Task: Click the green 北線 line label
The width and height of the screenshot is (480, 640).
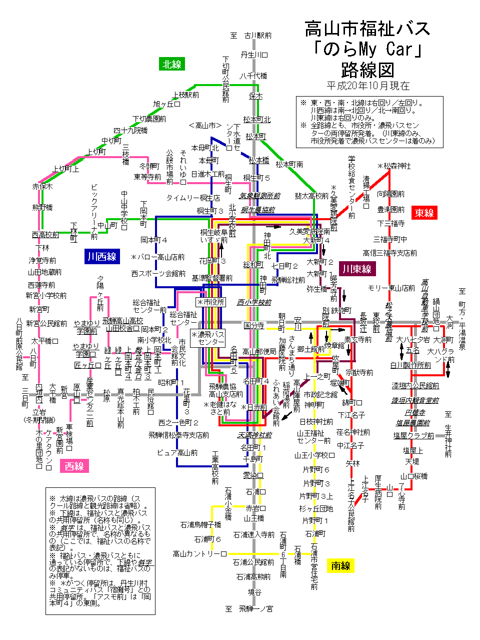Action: point(172,64)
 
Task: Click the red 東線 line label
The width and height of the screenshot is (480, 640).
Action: point(424,213)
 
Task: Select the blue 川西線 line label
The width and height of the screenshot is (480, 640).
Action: point(101,257)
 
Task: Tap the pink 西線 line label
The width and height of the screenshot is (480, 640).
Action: point(74,466)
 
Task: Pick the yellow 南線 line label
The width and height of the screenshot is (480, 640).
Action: point(340,566)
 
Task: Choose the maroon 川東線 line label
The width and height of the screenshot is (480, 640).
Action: point(357,269)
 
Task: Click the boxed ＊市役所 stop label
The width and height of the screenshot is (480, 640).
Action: point(211,302)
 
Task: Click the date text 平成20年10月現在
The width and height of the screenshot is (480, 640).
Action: point(368,86)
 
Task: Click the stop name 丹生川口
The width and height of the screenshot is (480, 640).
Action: point(254,55)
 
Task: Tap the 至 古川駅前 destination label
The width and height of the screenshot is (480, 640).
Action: point(251,36)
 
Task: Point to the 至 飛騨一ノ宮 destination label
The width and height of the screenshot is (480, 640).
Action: point(249,609)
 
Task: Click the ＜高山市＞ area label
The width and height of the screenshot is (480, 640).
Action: point(205,126)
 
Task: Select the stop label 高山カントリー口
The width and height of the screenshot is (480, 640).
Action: point(199,554)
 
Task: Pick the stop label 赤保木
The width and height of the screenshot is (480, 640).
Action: point(42,186)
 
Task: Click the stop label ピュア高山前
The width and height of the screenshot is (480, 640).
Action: point(177,452)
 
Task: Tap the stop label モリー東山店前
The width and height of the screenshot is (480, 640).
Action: point(391,288)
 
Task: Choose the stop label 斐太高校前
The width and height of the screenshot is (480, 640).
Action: point(312,196)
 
